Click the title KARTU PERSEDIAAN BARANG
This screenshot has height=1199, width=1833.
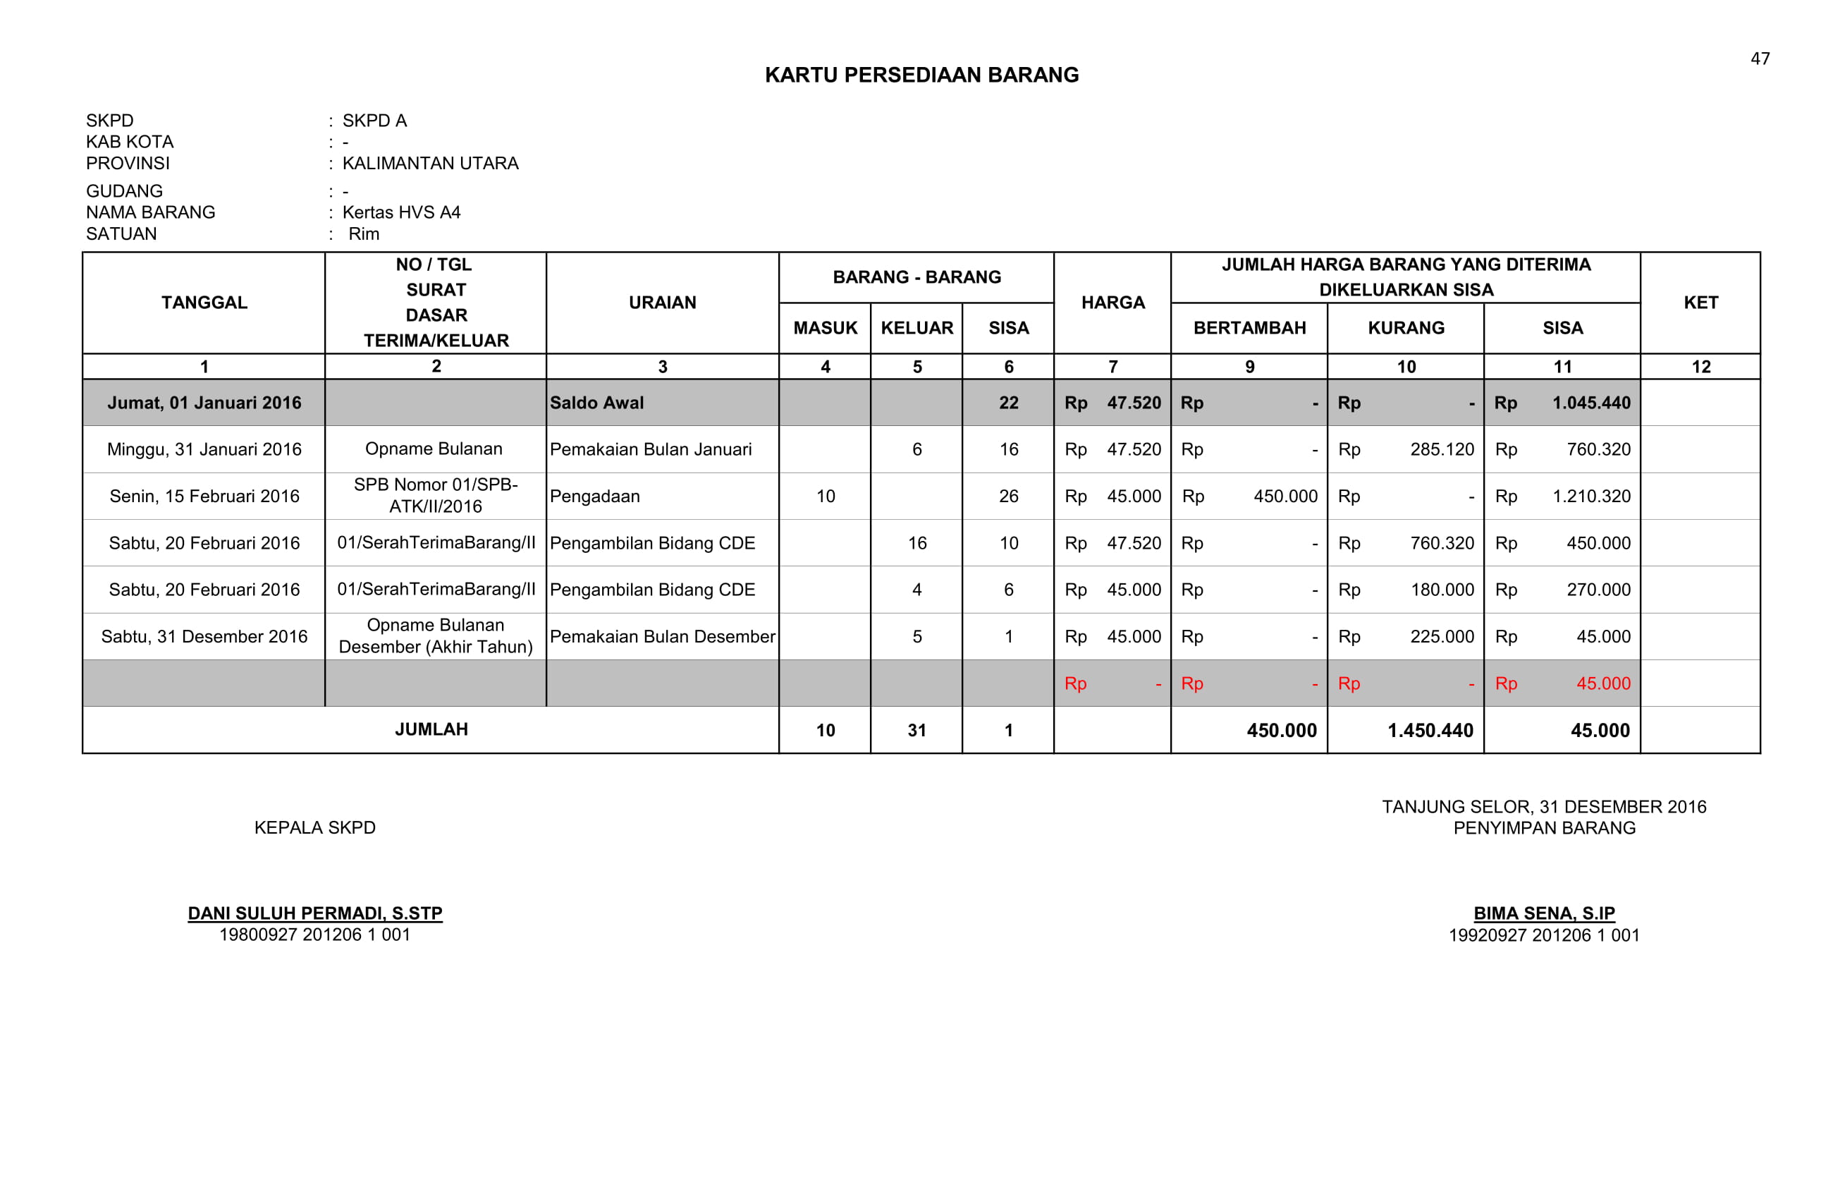(921, 75)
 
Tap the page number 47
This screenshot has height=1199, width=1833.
(1760, 59)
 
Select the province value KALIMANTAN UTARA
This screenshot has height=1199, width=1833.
(430, 164)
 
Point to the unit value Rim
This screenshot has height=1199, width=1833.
(364, 233)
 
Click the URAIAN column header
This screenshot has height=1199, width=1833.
(662, 303)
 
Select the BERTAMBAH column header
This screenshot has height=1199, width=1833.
(1249, 328)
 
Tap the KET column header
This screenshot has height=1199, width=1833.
(1700, 303)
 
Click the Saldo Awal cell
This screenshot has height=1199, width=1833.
(597, 403)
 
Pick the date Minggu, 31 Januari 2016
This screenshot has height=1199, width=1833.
(204, 449)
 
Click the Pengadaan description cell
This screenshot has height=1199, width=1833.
(594, 497)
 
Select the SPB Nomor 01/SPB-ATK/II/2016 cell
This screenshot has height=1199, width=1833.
(435, 496)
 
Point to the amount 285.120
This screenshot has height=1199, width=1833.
(1442, 449)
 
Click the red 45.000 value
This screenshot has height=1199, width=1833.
(1602, 683)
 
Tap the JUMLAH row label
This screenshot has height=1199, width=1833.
(431, 729)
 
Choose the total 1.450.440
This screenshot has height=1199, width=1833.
(1430, 731)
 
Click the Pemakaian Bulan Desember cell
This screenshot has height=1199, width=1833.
(662, 636)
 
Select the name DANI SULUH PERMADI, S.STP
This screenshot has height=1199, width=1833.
(315, 913)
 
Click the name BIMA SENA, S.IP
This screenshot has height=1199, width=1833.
(1543, 913)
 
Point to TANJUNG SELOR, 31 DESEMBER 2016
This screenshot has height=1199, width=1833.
(1543, 807)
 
